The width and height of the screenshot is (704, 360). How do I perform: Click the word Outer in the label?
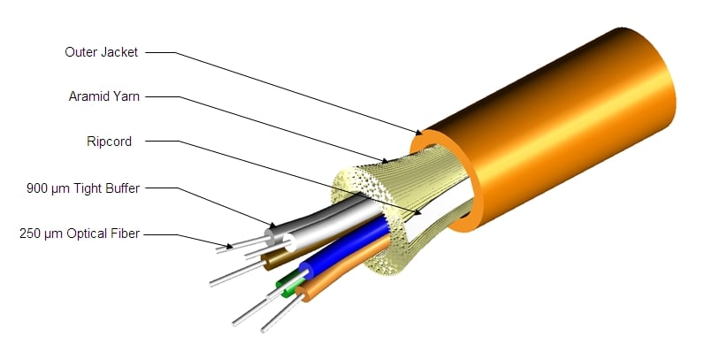tap(80, 52)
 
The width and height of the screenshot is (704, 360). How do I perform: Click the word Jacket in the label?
tap(119, 52)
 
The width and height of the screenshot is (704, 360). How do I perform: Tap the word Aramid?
tap(88, 96)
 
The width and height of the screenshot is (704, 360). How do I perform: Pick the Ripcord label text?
tap(109, 142)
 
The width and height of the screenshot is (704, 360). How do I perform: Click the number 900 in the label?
tap(35, 188)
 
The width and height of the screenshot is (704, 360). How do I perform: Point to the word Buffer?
tap(123, 188)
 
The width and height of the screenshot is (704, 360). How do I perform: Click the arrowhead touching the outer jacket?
tap(417, 132)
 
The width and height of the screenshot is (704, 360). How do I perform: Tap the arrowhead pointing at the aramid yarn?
tap(383, 160)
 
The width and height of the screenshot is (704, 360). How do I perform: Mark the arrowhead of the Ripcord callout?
tap(417, 213)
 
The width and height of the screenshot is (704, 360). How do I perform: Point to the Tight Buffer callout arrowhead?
tap(272, 224)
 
